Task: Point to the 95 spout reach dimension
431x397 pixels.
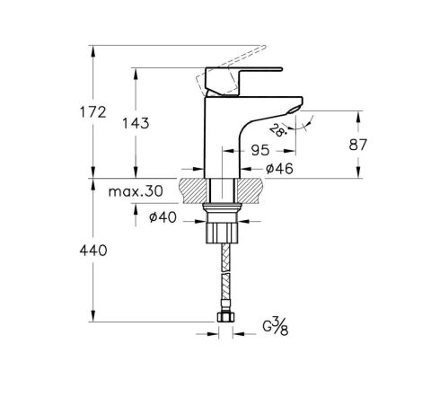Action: pyautogui.click(x=262, y=151)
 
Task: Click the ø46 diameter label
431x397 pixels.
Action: pyautogui.click(x=271, y=167)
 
